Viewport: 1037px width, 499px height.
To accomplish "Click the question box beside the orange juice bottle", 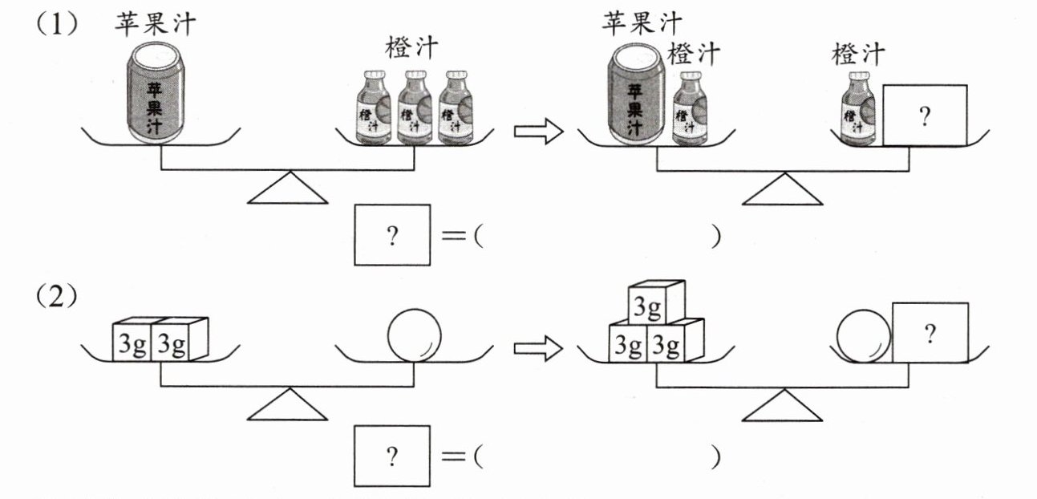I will (925, 116).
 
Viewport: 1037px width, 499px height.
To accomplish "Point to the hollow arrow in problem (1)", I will (535, 132).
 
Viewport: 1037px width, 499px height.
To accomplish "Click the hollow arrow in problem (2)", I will (535, 348).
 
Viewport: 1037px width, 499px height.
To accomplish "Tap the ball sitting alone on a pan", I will (414, 336).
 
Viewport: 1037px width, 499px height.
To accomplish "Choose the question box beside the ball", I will (930, 333).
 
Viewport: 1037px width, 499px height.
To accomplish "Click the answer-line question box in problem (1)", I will (392, 235).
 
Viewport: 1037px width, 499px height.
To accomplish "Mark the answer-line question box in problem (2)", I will (392, 456).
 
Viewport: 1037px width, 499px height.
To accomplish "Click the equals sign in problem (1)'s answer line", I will (454, 237).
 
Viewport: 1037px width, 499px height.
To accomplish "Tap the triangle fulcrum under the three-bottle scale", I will (288, 190).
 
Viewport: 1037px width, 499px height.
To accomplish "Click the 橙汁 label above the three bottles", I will (411, 47).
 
